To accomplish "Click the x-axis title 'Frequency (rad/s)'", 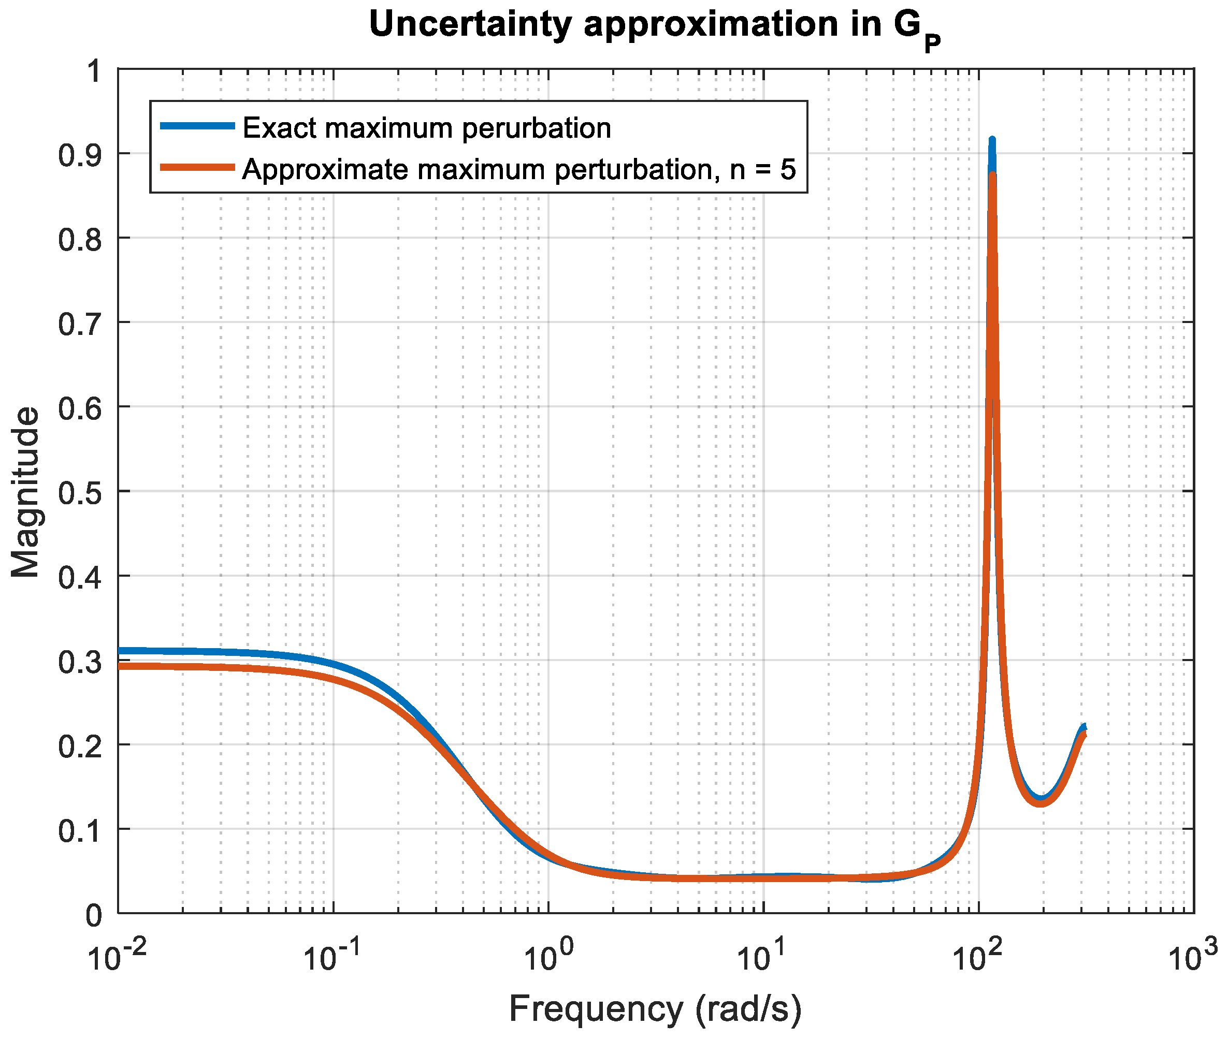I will [655, 1009].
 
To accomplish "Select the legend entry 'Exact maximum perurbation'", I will [426, 128].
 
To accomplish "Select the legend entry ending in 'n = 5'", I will [519, 170].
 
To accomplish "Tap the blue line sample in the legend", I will [198, 126].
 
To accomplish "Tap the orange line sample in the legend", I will [198, 167].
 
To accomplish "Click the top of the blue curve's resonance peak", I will [992, 140].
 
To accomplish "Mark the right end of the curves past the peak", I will [1083, 731].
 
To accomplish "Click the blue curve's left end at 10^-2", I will [120, 651].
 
